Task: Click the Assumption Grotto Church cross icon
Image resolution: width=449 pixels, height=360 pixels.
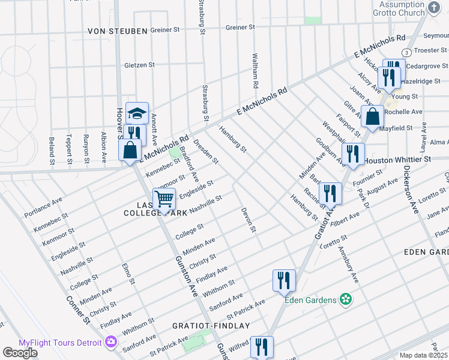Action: coord(435,8)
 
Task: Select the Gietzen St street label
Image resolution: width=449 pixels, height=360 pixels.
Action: coord(140,65)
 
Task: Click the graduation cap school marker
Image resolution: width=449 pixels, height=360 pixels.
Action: coord(137,113)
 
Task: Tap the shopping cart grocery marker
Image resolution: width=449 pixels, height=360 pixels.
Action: coord(164,198)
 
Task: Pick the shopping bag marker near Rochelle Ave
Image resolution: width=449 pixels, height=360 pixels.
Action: coord(372,116)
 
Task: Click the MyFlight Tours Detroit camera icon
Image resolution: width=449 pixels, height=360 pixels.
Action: coord(110,342)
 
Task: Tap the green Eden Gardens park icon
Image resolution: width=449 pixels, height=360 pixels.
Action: coord(345,298)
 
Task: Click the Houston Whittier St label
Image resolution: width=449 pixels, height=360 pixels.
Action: coord(398,160)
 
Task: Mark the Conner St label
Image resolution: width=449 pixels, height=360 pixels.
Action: coord(79,310)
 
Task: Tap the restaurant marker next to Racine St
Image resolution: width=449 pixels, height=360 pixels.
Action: coord(330,193)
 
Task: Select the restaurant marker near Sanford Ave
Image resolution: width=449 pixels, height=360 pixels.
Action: coord(284,280)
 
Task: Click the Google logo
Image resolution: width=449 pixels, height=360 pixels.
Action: coord(20,353)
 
